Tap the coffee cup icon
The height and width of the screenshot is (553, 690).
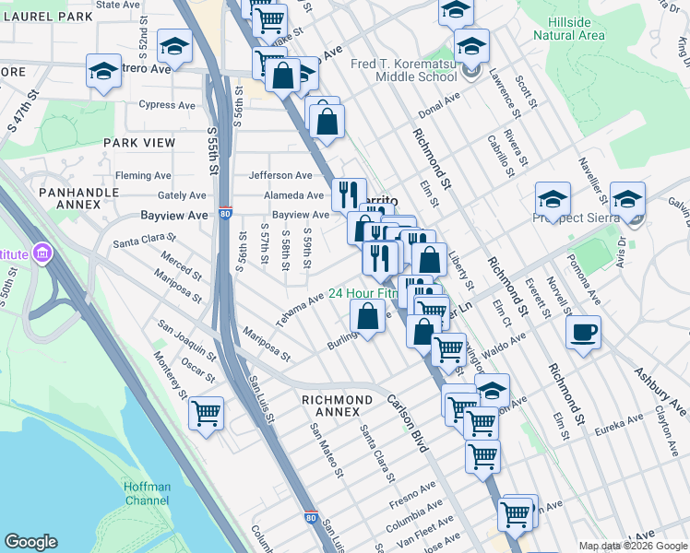coord(584,333)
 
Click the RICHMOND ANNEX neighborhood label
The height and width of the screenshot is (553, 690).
coord(338,406)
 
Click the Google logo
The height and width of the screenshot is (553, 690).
coord(31,542)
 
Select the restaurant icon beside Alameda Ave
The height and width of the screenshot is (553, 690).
coord(348,194)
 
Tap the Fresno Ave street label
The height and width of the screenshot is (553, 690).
coord(413,488)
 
